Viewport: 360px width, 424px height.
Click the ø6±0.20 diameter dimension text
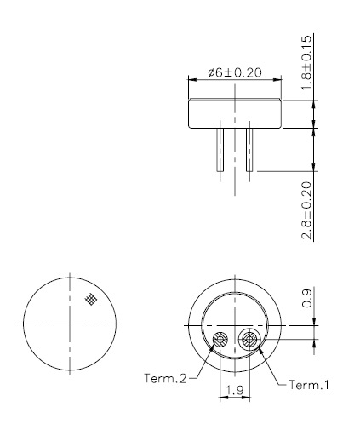coord(235,72)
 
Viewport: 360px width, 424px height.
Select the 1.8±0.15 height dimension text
coord(306,62)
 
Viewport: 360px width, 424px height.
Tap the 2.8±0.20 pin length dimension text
coord(306,210)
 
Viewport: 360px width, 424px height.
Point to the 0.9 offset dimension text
coord(307,298)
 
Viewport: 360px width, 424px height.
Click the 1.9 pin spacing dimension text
coord(235,390)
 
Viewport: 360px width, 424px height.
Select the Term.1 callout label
coord(309,385)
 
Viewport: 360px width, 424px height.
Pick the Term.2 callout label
coord(165,378)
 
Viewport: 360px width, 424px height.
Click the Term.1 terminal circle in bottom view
coord(249,339)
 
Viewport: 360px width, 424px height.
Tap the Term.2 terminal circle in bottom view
coord(220,339)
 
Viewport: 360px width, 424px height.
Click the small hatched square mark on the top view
coord(91,299)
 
